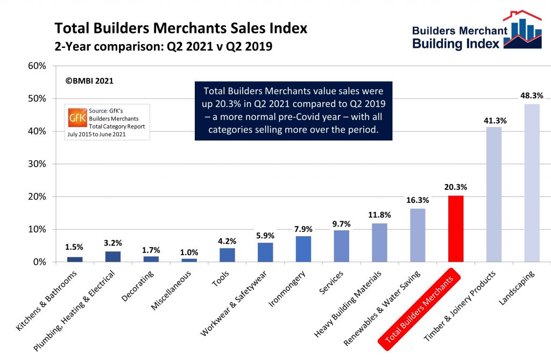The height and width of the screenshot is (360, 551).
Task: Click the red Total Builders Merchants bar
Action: [x=456, y=229]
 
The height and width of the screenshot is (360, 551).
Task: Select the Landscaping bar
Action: [x=532, y=183]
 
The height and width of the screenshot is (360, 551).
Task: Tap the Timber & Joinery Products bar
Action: [x=494, y=194]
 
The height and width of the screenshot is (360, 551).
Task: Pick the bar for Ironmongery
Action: [x=303, y=249]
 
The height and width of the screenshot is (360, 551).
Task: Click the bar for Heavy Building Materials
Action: [x=379, y=243]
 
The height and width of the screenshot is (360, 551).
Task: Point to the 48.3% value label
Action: [x=532, y=95]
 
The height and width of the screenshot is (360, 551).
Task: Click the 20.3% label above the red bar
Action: [x=456, y=187]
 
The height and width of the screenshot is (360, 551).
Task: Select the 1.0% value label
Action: [x=189, y=252]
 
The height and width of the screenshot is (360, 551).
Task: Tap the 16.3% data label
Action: [x=418, y=200]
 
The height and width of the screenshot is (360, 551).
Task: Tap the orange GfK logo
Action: [x=75, y=117]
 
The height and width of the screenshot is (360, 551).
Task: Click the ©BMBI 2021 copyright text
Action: [x=89, y=81]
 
